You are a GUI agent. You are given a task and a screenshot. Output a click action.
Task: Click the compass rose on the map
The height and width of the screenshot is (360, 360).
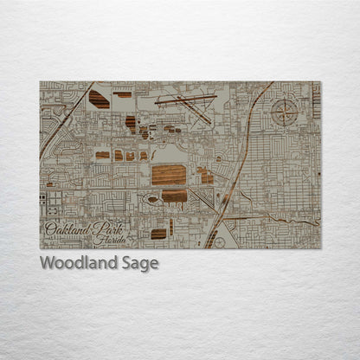284,111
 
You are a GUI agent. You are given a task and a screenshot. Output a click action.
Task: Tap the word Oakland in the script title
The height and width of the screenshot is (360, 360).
65,229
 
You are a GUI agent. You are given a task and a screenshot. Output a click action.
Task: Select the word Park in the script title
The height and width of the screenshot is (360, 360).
100,230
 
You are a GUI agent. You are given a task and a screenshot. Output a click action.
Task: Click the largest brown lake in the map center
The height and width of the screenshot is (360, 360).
169,175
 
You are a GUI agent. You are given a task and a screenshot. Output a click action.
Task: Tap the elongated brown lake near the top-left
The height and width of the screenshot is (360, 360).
99,99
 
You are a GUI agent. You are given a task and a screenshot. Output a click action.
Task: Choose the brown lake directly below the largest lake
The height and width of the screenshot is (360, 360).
174,196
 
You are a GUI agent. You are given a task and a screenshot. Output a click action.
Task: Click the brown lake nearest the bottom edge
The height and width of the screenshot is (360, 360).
158,234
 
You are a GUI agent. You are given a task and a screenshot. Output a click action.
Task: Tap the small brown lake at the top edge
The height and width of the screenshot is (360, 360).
124,93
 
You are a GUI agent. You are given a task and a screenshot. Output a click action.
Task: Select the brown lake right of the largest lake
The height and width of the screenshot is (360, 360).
206,176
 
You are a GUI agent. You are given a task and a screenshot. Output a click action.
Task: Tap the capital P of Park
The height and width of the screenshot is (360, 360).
89,229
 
